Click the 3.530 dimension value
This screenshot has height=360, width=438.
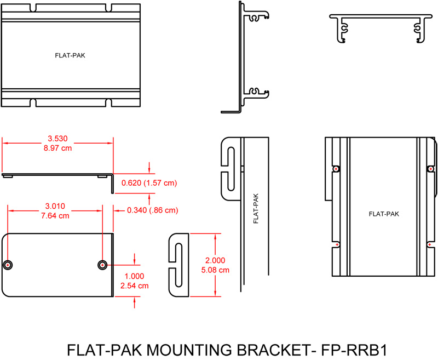point(58,139)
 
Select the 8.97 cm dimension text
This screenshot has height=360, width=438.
point(58,148)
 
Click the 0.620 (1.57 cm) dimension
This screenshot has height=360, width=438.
point(148,182)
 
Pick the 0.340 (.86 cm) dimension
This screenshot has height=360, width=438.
point(152,210)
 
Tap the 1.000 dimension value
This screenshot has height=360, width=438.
point(135,276)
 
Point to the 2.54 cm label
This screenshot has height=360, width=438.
point(135,285)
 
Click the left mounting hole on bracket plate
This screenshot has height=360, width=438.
point(8,265)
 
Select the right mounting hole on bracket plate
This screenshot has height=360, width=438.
point(102,265)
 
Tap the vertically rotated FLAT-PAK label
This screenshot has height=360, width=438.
point(255,209)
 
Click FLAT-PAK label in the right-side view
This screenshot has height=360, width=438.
point(384,214)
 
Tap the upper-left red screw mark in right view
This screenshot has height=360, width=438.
point(336,169)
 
